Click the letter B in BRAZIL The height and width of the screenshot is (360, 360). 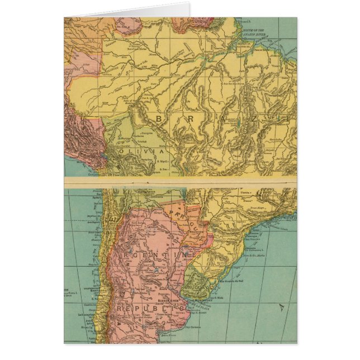pos(160,119)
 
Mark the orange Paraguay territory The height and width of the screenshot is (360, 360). pos(187,221)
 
